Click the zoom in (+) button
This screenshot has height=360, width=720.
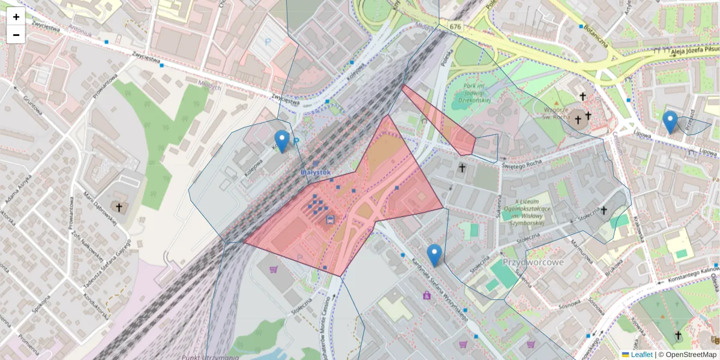coord(16,17)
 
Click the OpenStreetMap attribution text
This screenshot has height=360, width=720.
coord(691,355)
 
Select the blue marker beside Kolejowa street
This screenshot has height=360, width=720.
coord(281,142)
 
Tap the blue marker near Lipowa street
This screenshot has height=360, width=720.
coord(670,122)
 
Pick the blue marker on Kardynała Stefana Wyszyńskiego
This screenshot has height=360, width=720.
coord(434,255)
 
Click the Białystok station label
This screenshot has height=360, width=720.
coord(316,172)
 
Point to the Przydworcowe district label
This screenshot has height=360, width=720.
coord(533,262)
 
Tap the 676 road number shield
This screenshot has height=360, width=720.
coord(455,26)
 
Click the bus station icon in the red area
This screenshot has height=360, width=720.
coord(329,220)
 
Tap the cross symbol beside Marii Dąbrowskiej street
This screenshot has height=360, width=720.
coord(119,208)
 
